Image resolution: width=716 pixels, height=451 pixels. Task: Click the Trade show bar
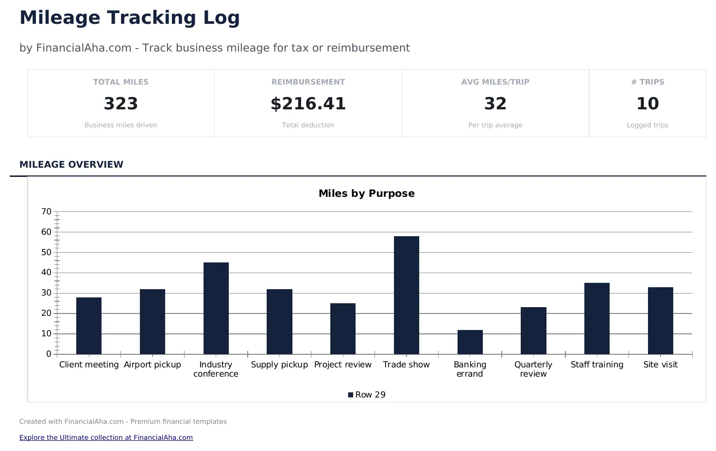pos(406,295)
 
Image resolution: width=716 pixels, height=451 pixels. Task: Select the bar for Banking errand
pos(470,342)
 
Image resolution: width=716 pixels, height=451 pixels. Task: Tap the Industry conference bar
pos(216,308)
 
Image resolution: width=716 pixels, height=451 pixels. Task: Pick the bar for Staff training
pos(597,318)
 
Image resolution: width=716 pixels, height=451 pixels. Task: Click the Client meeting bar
pos(89,326)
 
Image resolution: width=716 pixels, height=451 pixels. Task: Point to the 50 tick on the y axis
pos(47,252)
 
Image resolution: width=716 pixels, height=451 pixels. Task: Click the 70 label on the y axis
pos(47,211)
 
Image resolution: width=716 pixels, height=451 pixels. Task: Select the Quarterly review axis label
pos(533,369)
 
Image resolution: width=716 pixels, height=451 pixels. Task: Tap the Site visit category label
pos(660,364)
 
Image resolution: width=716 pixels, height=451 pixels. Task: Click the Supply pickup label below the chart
pos(279,364)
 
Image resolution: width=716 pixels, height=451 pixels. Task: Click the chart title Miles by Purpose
pos(366,193)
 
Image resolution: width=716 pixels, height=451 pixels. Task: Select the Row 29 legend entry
pos(367,395)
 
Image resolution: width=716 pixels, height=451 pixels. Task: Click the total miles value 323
pos(121,104)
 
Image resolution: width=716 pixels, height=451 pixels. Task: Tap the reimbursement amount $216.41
pos(308,104)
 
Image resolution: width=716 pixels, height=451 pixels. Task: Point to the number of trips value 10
pos(648,104)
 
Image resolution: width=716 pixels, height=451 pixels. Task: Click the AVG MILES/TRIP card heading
pos(495,82)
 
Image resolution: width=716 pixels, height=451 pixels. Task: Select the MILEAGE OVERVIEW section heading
pos(71,164)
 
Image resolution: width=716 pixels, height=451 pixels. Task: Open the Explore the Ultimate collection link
pos(106,437)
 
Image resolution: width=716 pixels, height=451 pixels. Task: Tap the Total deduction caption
pos(308,125)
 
